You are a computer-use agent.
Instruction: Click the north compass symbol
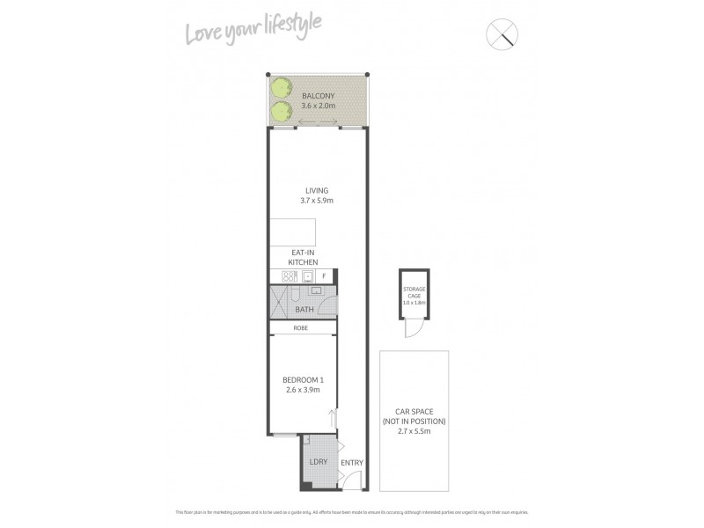502,34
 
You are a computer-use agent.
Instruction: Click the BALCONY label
317,95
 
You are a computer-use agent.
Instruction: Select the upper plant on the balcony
282,87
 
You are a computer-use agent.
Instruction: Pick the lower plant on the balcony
282,110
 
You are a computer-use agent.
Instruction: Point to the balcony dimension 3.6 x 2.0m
318,106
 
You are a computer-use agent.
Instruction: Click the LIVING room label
317,190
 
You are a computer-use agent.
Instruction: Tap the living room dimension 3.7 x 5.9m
317,201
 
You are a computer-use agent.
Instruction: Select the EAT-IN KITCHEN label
303,257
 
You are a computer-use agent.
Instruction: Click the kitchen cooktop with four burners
290,276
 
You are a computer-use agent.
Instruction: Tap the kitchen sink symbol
309,276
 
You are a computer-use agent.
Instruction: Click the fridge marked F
324,276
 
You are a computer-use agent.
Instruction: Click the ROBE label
302,328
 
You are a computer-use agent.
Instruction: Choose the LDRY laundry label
317,461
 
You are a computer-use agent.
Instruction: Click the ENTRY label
351,463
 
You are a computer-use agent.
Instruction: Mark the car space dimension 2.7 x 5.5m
414,432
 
